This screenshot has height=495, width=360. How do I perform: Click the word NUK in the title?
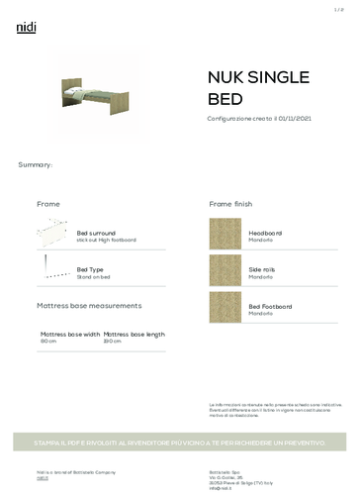[x=226, y=78]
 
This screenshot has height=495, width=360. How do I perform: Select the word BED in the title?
[x=224, y=100]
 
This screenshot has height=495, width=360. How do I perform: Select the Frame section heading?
[x=48, y=203]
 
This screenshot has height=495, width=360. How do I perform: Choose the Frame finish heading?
[x=234, y=203]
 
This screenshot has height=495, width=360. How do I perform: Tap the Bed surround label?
[x=96, y=233]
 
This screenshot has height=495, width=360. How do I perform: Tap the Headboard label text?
[x=265, y=233]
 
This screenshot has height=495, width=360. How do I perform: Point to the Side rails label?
[x=262, y=269]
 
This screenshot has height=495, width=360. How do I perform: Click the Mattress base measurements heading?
[x=89, y=306]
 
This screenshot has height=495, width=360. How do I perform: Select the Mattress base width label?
[x=70, y=335]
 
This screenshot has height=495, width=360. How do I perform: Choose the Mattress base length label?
[x=135, y=335]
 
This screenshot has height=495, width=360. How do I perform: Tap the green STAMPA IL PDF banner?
[x=180, y=442]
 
